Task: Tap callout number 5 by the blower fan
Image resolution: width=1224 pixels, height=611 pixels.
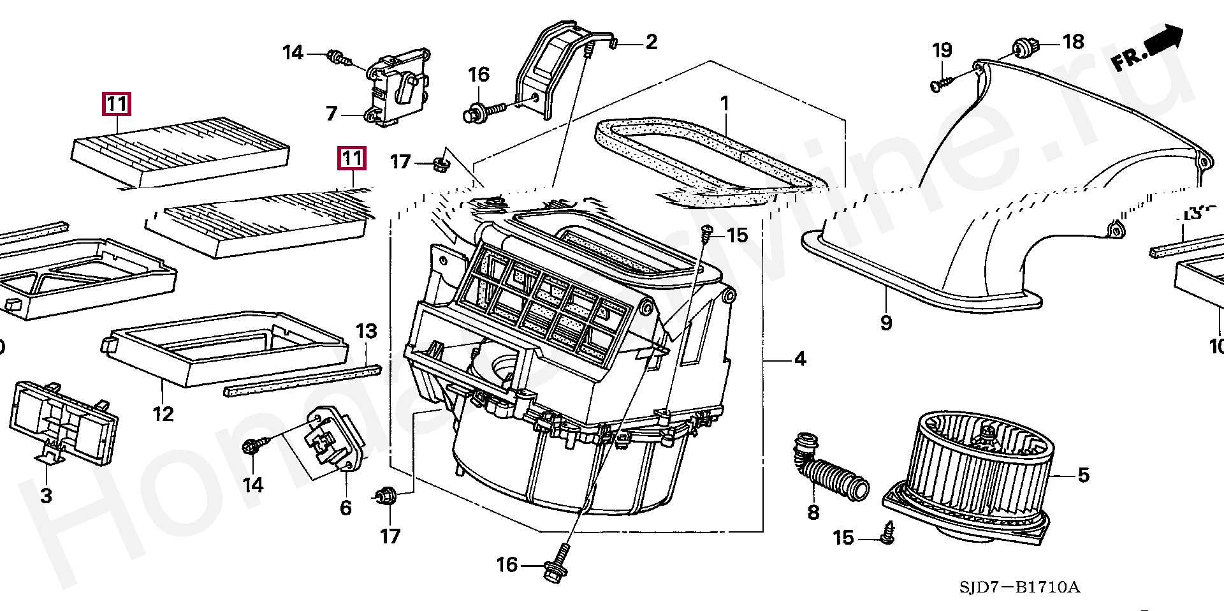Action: [1084, 475]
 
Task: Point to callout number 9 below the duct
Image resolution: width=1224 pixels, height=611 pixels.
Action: [886, 322]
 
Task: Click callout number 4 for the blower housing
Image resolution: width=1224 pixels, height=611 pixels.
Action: [800, 359]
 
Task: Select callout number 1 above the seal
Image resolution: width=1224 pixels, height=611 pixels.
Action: [724, 103]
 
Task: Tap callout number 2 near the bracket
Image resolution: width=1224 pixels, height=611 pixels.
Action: [651, 42]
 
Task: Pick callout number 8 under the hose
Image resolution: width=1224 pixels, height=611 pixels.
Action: [813, 512]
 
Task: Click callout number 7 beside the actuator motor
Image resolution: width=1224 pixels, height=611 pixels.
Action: [331, 114]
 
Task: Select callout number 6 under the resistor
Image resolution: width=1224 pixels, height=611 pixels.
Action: [346, 508]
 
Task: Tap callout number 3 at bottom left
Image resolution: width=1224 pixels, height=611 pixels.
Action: [46, 496]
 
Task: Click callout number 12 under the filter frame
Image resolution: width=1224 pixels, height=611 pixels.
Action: [163, 414]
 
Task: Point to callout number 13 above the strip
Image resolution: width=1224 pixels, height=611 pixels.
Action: [367, 331]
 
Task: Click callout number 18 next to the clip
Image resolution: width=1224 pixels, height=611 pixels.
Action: [1074, 42]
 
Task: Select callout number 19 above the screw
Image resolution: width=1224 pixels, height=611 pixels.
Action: [942, 50]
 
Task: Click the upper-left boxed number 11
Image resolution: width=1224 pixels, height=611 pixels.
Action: [117, 103]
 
